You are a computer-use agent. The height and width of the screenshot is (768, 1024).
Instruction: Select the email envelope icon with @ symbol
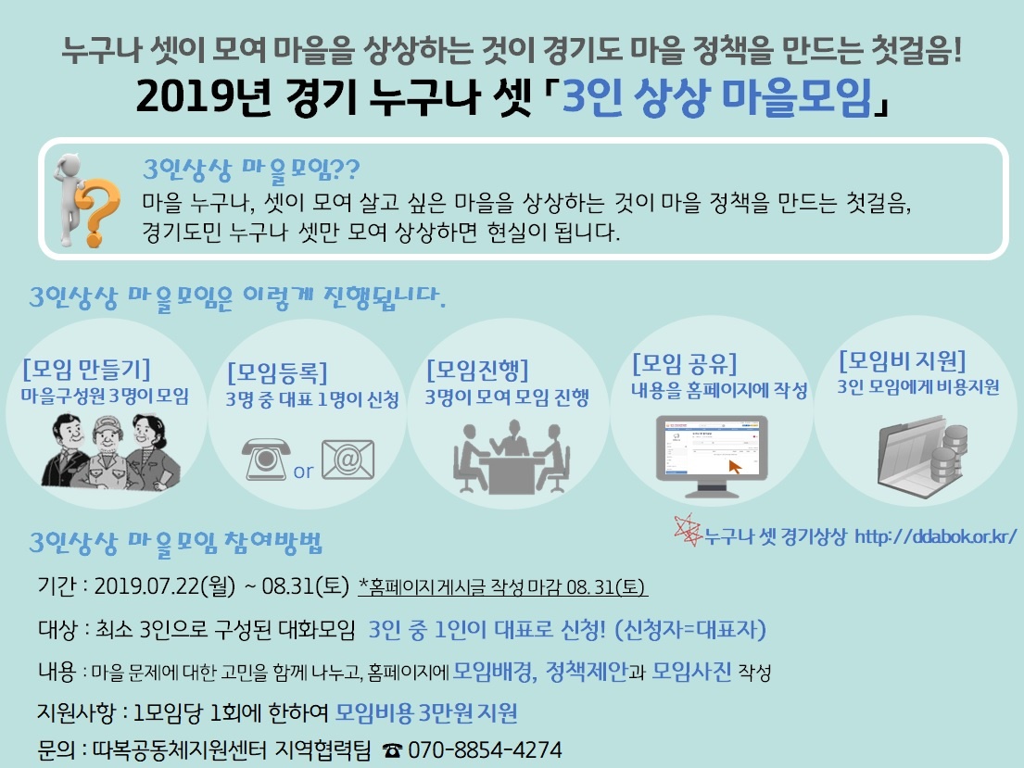[348, 460]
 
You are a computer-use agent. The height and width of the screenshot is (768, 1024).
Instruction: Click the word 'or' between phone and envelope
[303, 471]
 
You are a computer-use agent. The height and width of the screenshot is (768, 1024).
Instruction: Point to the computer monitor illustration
[711, 456]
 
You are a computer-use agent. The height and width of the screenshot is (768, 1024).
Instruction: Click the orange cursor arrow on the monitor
[736, 467]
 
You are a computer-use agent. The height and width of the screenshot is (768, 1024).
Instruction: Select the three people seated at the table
[512, 457]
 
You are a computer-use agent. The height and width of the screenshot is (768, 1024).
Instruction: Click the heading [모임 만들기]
[86, 369]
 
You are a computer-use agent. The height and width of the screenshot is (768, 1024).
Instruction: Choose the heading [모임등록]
[277, 372]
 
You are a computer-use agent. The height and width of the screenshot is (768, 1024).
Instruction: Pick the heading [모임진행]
[477, 371]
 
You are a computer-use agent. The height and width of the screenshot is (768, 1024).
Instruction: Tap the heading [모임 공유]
[685, 364]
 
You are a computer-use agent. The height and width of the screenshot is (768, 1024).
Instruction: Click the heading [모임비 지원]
[902, 360]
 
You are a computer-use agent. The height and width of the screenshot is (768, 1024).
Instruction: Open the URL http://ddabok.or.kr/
[935, 536]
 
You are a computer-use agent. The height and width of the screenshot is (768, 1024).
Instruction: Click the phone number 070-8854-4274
[485, 749]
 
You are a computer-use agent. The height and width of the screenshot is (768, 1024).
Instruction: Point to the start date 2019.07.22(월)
[165, 585]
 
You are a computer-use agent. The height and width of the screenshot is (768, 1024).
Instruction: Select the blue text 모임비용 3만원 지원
[425, 712]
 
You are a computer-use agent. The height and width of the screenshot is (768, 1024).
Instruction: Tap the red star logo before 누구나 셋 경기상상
[687, 530]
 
